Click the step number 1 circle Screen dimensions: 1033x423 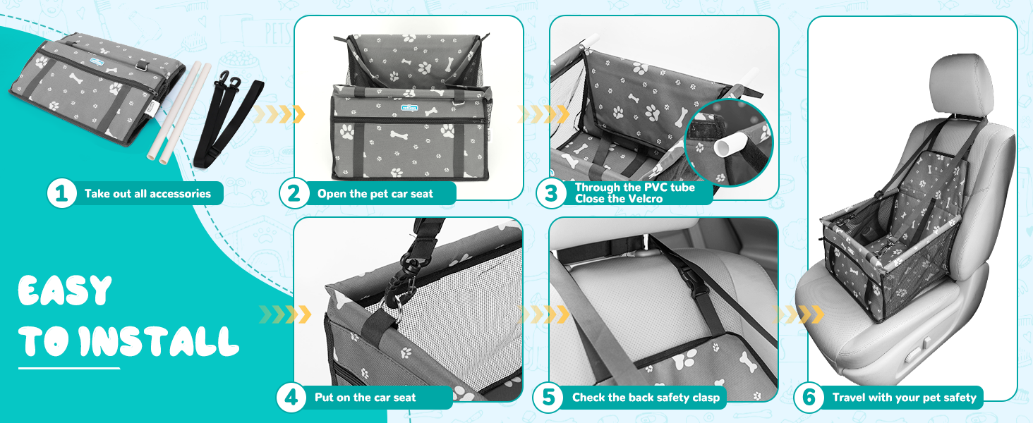click(62, 194)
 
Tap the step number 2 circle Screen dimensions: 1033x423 click(294, 194)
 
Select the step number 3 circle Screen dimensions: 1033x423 click(550, 194)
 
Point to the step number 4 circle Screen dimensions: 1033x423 click(291, 397)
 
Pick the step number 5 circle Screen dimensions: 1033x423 click(548, 397)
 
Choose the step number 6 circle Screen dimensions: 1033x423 click(809, 397)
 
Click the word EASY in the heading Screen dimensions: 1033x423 click(65, 291)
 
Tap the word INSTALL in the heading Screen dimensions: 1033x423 click(158, 341)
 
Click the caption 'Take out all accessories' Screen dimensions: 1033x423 click(147, 194)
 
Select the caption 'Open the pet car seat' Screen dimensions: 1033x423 click(375, 194)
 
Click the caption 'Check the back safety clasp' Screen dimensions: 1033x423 click(646, 398)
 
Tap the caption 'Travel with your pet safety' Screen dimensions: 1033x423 click(904, 398)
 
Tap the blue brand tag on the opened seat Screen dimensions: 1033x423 click(409, 108)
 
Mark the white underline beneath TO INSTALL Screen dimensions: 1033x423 click(69, 368)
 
